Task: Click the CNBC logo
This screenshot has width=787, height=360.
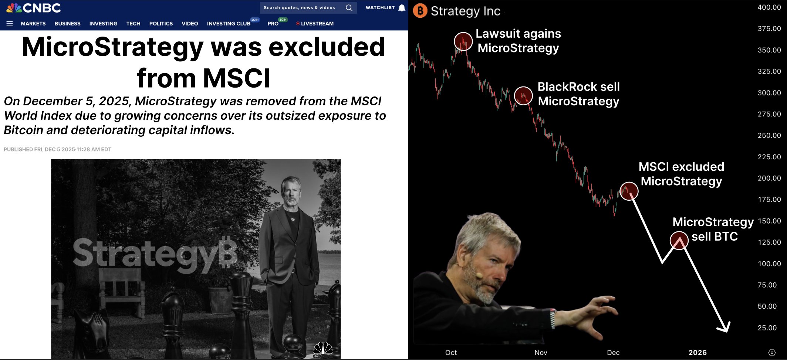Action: tap(34, 8)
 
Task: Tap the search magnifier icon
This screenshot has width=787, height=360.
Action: tap(349, 8)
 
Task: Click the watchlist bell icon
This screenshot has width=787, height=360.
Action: tap(402, 8)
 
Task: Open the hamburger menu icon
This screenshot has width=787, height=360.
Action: tap(10, 24)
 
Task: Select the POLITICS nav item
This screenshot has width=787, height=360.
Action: tap(161, 24)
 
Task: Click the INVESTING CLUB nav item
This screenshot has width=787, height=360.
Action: tap(229, 24)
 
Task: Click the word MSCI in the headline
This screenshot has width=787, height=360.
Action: tap(237, 78)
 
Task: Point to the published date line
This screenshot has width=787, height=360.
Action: tap(57, 149)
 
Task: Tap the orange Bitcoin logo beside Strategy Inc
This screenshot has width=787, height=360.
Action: tap(420, 11)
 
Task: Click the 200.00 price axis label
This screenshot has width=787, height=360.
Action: tap(769, 178)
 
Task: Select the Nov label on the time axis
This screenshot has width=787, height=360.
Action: tap(541, 353)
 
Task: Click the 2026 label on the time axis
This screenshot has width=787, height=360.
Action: tap(698, 353)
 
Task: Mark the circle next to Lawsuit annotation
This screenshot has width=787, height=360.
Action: tap(463, 41)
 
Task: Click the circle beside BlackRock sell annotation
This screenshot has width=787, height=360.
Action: tap(523, 96)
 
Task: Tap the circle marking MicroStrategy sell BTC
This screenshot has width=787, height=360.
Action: tap(679, 240)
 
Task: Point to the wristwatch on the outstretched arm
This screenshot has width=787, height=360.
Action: tap(553, 319)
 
